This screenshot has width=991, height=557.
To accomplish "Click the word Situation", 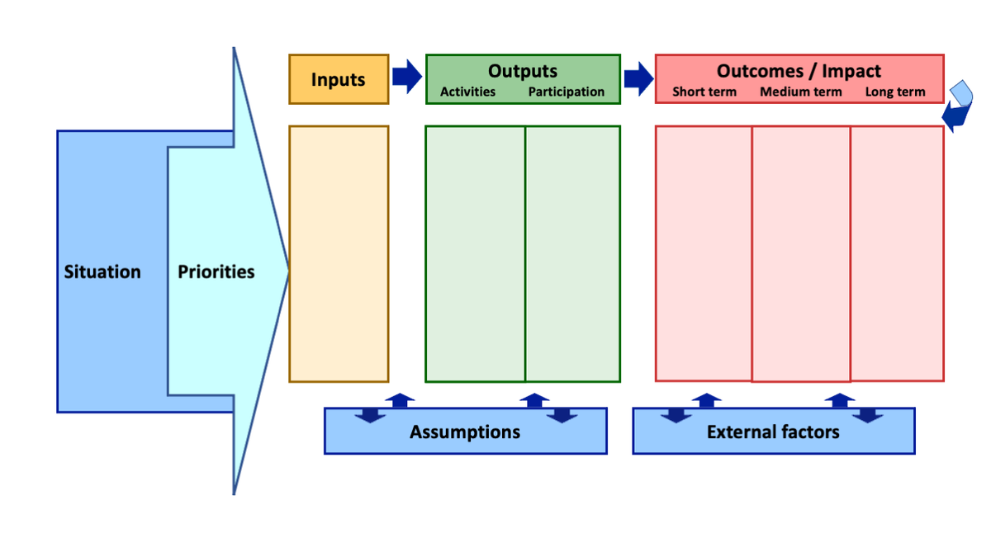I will point(102,271).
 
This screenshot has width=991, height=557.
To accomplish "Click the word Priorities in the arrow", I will point(216,271).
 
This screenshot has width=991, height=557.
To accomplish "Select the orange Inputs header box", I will point(339,79).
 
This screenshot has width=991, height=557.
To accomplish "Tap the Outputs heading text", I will point(522,71).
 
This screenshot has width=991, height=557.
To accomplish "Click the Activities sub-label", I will point(467,92).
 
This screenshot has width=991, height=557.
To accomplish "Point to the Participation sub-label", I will point(567,92).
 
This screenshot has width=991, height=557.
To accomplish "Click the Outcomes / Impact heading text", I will point(799,71).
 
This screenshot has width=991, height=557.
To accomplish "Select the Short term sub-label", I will point(704,92).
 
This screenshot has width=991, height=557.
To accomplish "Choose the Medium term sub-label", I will point(800,92).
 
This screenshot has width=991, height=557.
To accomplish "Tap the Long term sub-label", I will point(895,92).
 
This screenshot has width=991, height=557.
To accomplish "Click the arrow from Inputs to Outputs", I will point(406,77).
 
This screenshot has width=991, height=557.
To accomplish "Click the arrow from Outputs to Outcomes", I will point(638,78).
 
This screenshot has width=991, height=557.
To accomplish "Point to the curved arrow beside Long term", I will point(958,106).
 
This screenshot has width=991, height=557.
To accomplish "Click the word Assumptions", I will point(465,432).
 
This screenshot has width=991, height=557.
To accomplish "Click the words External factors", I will point(773,432).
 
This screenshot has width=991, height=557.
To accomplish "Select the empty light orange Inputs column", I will point(339,253).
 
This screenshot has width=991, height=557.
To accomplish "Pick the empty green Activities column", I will point(475,253).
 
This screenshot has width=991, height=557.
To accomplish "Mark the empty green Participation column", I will point(572,253).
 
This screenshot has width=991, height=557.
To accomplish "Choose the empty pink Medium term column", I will point(800,253).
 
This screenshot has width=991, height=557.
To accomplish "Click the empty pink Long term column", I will point(897,253).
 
